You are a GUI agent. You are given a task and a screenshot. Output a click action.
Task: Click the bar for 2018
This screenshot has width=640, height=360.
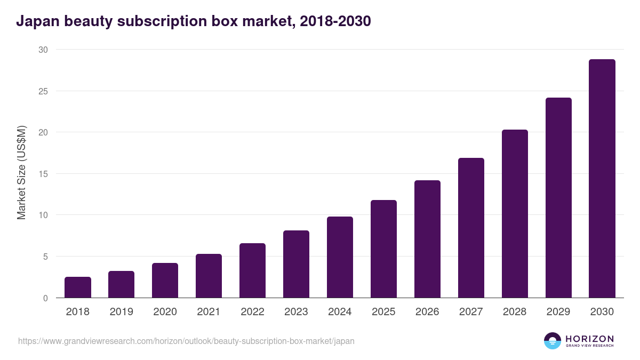point(78,287)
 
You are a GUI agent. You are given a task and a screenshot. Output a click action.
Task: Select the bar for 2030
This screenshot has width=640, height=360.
point(602,179)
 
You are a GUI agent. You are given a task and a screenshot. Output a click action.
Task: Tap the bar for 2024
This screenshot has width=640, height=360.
point(340,257)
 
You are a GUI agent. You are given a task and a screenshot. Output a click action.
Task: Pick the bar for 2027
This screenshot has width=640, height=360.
point(471,228)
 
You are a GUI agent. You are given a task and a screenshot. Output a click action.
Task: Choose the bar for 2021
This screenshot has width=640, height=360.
point(209,276)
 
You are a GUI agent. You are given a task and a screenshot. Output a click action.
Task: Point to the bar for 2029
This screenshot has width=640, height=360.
point(558,198)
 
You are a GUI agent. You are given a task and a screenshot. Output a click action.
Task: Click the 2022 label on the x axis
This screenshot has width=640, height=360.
point(252,312)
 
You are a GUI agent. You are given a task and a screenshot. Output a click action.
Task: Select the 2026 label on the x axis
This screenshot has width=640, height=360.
point(427,312)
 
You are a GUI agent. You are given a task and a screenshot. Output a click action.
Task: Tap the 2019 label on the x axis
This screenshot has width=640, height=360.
point(121,312)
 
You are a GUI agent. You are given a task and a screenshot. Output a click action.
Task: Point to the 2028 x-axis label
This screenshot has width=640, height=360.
point(515,312)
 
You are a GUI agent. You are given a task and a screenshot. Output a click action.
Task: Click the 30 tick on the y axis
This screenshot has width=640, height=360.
point(43,50)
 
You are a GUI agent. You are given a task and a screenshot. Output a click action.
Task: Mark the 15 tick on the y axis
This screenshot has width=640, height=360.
point(43,174)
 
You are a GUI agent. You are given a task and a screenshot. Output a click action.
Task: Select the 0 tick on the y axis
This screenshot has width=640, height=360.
point(45,298)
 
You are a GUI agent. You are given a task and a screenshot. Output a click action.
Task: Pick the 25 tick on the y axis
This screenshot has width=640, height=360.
point(43,91)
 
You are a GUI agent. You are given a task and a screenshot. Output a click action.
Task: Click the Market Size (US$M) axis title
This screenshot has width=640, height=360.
point(21,172)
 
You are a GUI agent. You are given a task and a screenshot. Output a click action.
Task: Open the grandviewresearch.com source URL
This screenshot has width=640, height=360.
point(186,341)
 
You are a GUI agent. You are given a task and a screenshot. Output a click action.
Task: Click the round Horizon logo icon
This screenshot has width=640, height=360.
point(553,341)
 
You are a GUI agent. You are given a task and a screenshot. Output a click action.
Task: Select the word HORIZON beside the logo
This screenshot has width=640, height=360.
point(589,339)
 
